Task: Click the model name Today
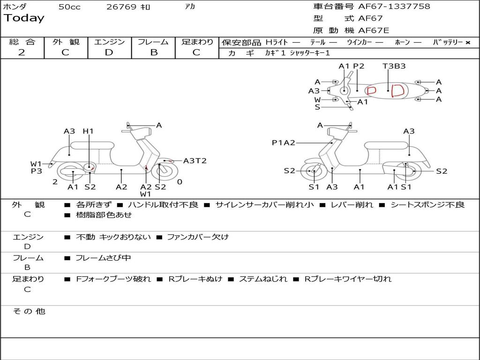pos(24,18)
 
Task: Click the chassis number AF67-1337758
pos(394,7)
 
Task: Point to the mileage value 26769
pos(121,7)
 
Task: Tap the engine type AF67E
pos(374,30)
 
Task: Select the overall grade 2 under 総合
pos(22,52)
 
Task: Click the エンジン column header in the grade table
pos(109,42)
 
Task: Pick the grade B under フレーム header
pos(154,52)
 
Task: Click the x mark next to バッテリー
pos(468,43)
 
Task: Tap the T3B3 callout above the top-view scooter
pos(394,66)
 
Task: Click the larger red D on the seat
pos(397,90)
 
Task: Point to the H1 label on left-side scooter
pos(88,131)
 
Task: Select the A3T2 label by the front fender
pos(195,161)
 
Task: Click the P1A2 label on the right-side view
pos(284,142)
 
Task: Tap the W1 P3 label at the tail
pos(36,167)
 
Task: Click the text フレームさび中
pos(103,258)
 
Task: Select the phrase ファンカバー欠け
pos(198,237)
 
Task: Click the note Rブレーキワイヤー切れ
pos(348,279)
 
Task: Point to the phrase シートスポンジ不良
pos(427,204)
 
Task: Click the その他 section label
pos(29,311)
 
